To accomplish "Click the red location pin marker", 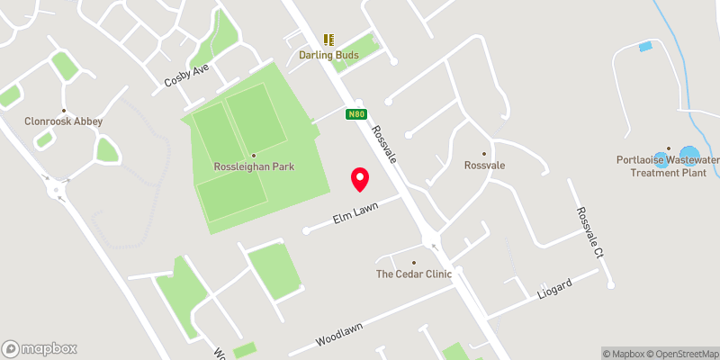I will (x=360, y=179).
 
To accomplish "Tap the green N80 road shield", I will (x=356, y=114).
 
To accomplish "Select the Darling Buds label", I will (x=328, y=56).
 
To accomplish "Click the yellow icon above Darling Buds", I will (x=328, y=40).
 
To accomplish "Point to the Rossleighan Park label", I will (x=254, y=166).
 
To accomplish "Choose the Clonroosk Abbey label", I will (x=64, y=121).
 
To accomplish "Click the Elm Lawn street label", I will (x=353, y=212).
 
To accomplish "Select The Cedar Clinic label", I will (x=413, y=274).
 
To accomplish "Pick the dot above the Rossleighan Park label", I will (x=254, y=155).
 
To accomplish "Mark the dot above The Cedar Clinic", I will (x=414, y=263).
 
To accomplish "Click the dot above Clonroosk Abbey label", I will (x=64, y=111).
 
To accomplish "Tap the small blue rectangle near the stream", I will (x=644, y=46).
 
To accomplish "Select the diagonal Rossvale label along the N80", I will (x=384, y=144).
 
